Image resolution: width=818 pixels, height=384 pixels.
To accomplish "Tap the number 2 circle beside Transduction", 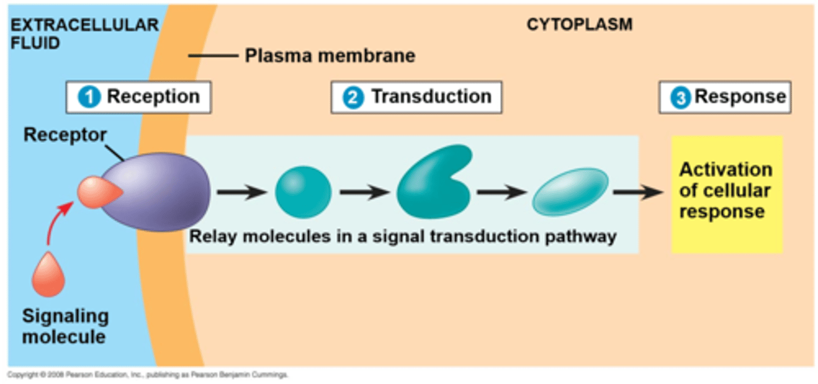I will click(x=352, y=97).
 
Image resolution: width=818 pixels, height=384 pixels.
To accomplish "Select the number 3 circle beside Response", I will click(x=679, y=97).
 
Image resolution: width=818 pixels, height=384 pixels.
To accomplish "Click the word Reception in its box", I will click(x=153, y=97).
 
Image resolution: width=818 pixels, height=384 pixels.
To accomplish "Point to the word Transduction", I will click(x=431, y=97).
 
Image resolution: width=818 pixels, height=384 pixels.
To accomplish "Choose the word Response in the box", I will click(x=740, y=97).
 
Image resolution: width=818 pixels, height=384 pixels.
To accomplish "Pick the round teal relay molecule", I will click(x=303, y=193).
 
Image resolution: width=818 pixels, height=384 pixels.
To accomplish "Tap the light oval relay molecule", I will click(x=570, y=191).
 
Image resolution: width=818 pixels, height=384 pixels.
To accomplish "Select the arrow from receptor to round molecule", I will click(x=241, y=193).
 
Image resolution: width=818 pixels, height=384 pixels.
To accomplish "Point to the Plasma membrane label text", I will click(x=329, y=56).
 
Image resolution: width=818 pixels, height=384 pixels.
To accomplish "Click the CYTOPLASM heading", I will click(x=579, y=25).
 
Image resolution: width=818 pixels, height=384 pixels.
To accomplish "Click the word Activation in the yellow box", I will click(x=725, y=170).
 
